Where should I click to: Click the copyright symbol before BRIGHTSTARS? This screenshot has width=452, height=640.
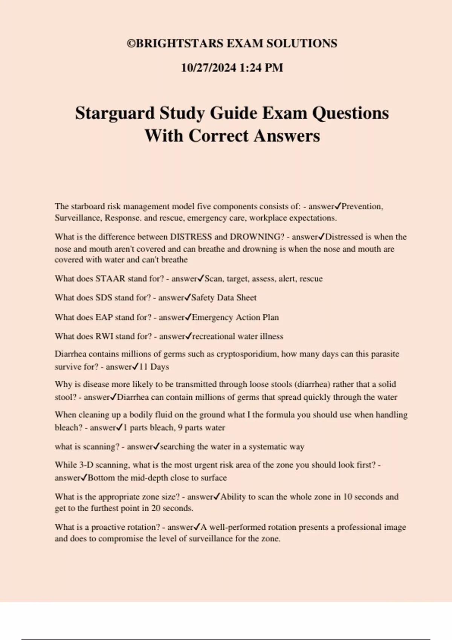click(x=131, y=44)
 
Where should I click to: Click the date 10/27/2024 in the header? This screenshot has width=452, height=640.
click(x=208, y=68)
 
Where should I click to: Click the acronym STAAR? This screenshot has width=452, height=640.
click(x=110, y=279)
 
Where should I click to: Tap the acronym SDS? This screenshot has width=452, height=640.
click(x=104, y=297)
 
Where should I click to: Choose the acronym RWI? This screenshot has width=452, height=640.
click(x=104, y=336)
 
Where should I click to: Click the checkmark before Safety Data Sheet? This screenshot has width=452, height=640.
click(x=188, y=297)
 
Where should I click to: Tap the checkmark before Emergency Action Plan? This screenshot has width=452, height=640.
click(x=189, y=317)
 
